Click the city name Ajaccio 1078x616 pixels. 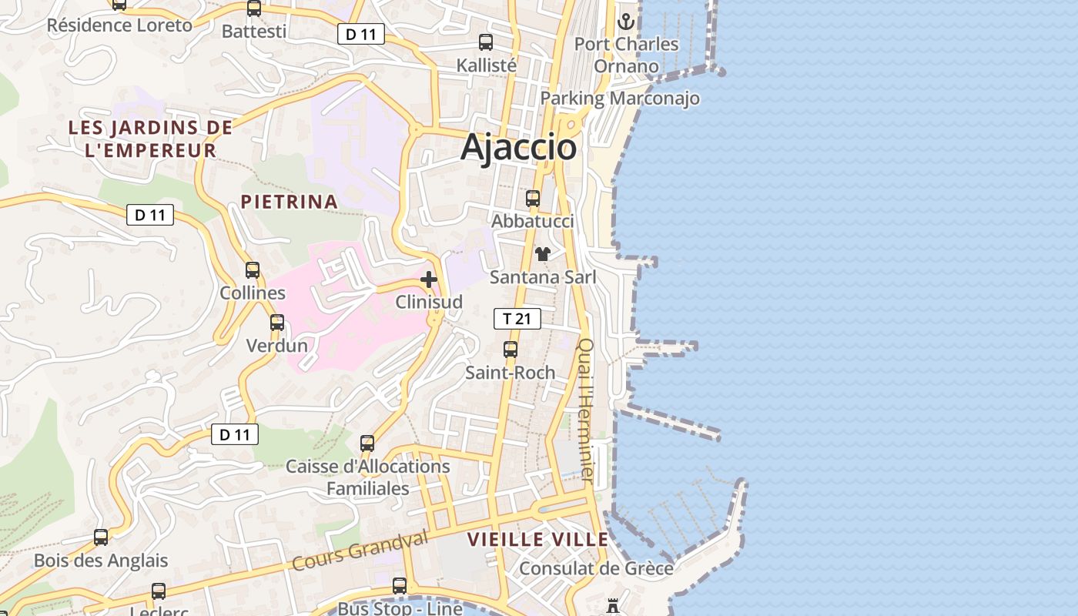click(x=518, y=147)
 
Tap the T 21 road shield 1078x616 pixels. click(x=517, y=319)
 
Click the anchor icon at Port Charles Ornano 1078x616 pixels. click(x=626, y=21)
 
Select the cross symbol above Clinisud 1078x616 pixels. click(x=429, y=280)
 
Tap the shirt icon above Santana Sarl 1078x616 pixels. click(x=543, y=254)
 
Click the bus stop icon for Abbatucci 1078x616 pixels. click(x=532, y=199)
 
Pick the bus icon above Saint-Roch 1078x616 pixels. click(x=510, y=350)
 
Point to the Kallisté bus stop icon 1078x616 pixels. click(x=486, y=42)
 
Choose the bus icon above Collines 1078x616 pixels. click(x=253, y=270)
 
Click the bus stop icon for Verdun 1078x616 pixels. click(x=277, y=323)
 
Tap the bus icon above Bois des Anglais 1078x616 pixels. click(x=101, y=537)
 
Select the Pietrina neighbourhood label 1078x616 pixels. click(x=289, y=202)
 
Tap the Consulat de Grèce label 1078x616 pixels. click(x=596, y=569)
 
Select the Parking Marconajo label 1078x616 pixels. click(x=620, y=99)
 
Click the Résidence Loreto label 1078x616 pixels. click(x=119, y=25)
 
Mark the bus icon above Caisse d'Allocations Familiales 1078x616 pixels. click(x=367, y=444)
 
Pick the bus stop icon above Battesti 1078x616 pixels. click(x=253, y=8)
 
